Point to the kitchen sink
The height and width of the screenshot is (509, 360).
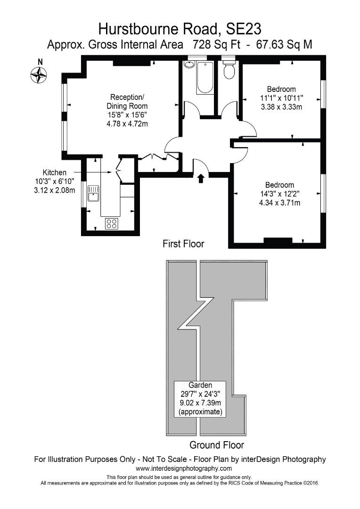tap(93, 193)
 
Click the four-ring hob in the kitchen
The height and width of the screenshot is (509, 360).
tap(112, 223)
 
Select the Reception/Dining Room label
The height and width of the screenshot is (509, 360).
tap(127, 101)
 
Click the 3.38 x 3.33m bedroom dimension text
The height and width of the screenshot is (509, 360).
tap(281, 107)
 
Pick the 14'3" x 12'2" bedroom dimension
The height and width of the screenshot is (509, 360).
tap(279, 194)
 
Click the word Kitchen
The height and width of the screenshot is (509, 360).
tap(55, 172)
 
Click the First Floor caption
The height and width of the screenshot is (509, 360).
tap(183, 244)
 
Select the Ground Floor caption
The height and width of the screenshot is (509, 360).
tap(216, 444)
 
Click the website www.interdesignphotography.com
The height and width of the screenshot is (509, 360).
tap(184, 468)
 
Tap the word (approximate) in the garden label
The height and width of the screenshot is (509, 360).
tap(201, 412)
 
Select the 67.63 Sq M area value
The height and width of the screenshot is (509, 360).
tap(284, 45)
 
